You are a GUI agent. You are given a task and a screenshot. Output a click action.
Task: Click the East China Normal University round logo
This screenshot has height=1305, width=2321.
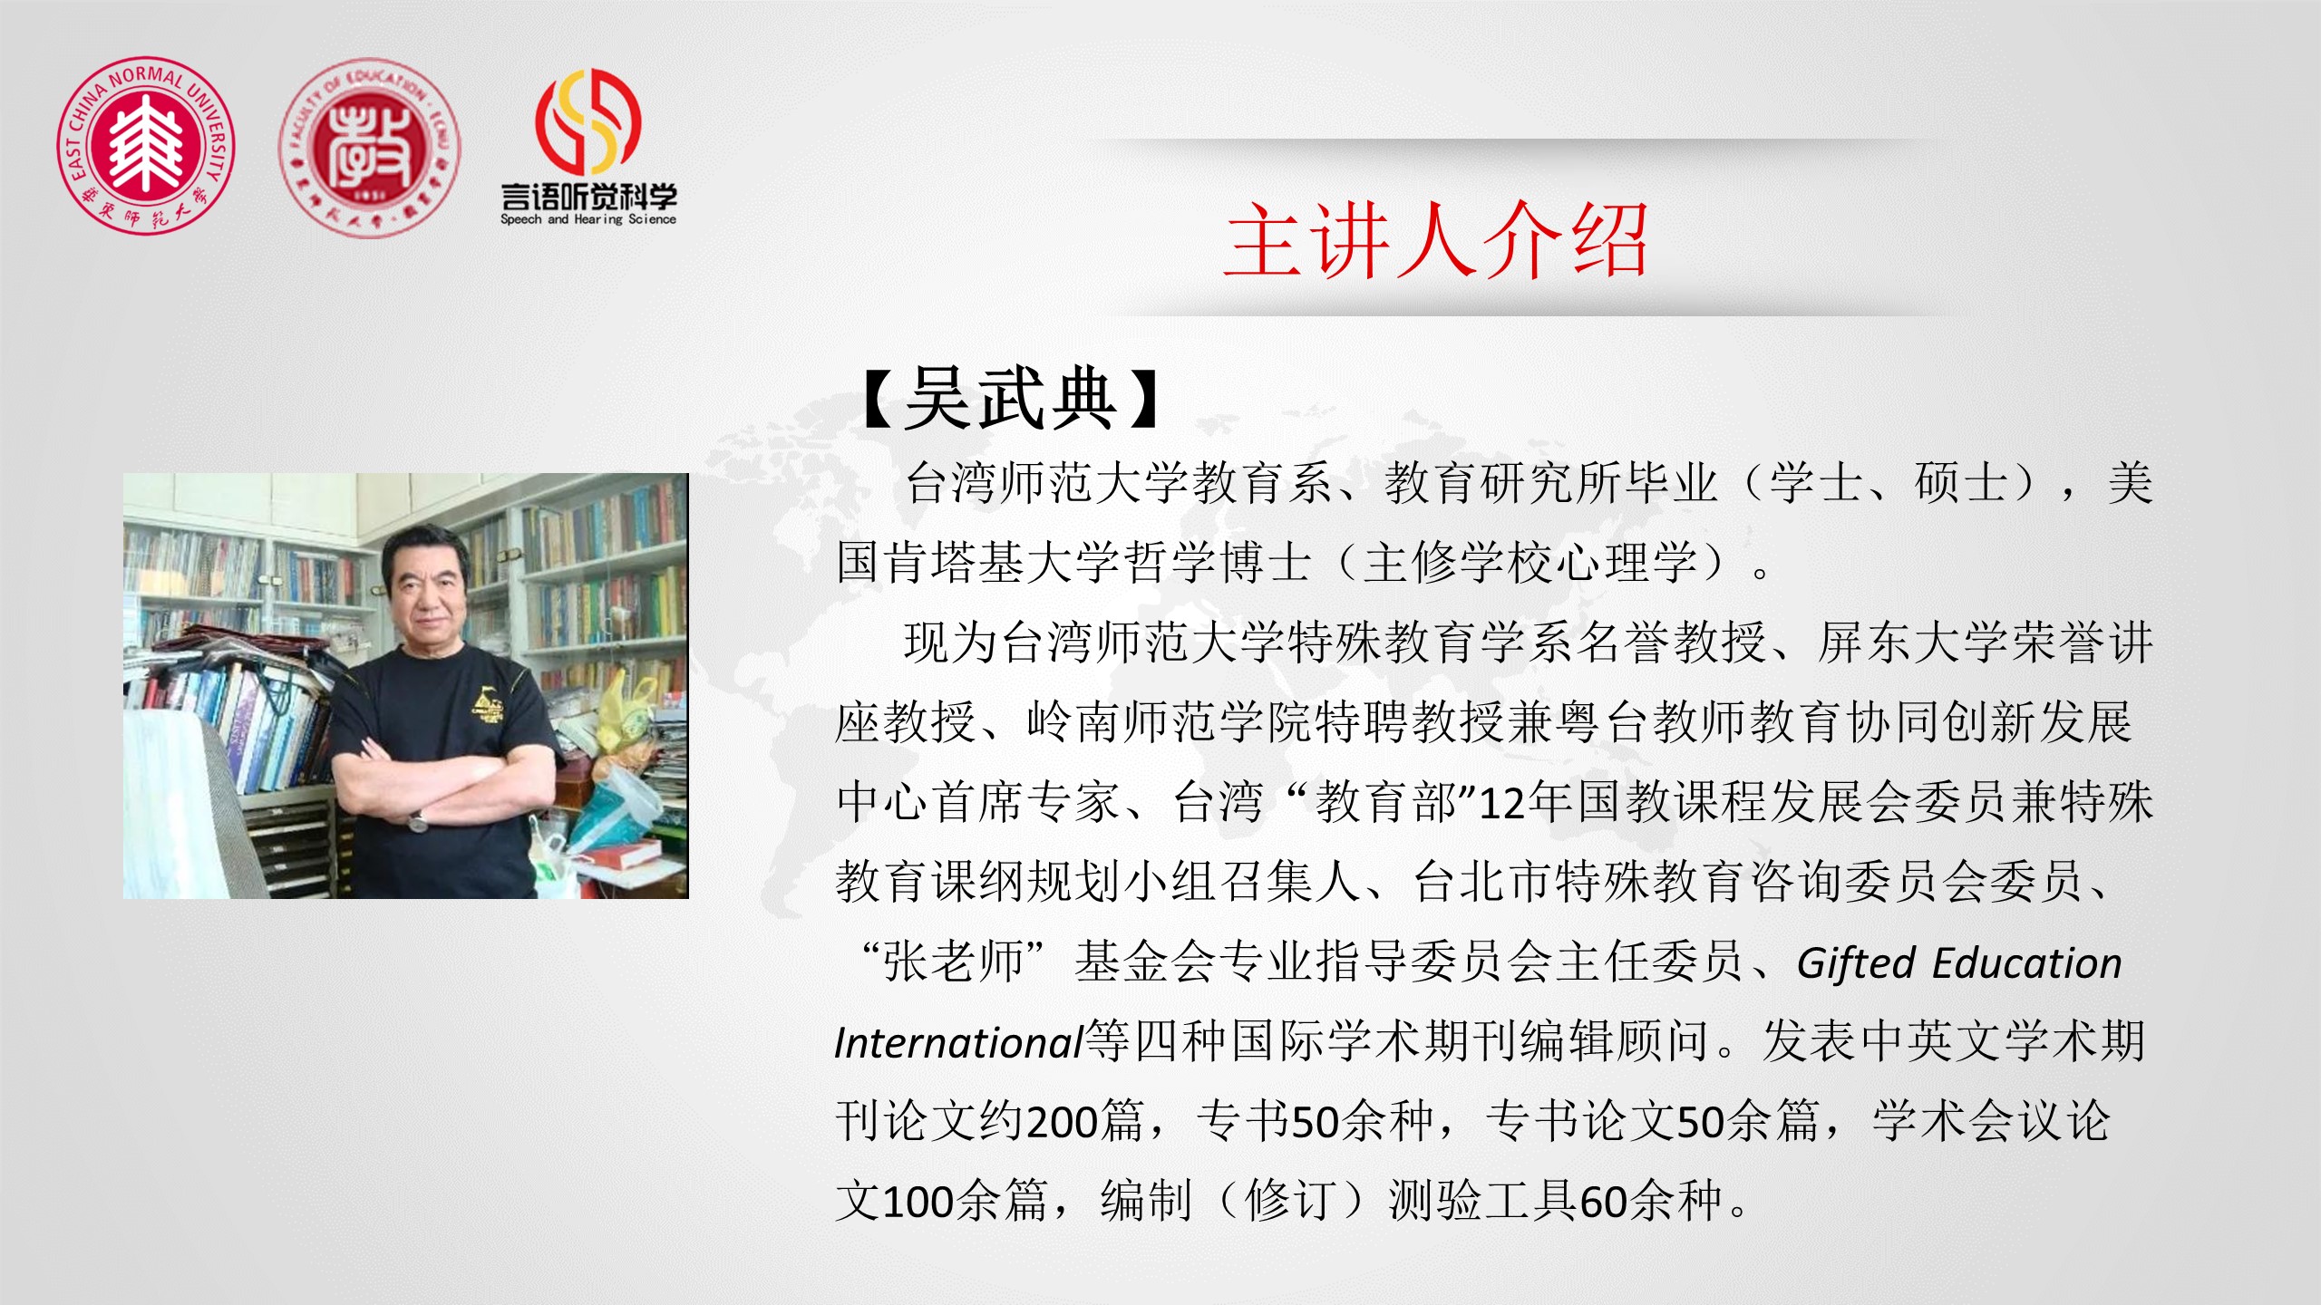click(x=146, y=145)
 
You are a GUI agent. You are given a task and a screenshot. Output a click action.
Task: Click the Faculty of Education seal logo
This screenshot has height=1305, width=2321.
click(x=369, y=149)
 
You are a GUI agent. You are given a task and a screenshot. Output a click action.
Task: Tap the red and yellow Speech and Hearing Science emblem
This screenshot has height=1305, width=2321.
click(x=588, y=121)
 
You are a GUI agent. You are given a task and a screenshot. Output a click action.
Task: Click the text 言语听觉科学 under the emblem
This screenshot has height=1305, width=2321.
click(x=588, y=196)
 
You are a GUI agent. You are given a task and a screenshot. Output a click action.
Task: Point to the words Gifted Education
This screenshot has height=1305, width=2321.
click(x=1959, y=963)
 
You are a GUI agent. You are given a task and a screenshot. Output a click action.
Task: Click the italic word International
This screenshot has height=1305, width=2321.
click(x=959, y=1042)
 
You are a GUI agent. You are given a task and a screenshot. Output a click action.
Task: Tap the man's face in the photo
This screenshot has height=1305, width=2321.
click(x=427, y=593)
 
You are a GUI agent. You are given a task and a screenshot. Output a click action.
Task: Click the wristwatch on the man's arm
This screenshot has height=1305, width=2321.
click(x=417, y=820)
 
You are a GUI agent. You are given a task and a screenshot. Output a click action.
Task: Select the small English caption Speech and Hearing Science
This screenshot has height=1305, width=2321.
click(x=588, y=219)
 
